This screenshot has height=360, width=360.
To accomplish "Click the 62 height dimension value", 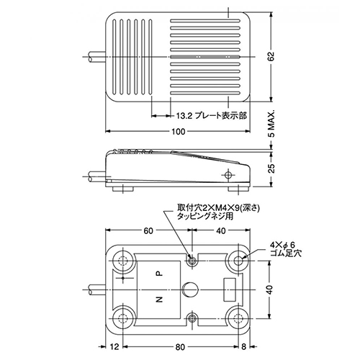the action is [271, 57].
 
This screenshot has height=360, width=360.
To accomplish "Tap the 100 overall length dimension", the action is [179, 132].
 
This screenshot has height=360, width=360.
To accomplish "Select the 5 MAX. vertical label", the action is [271, 124].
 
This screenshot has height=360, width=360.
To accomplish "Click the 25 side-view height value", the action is [271, 168].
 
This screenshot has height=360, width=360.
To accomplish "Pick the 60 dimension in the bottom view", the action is [148, 230].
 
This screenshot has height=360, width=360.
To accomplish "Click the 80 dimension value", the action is [180, 347].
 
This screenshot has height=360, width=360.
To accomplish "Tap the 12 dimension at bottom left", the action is [114, 347].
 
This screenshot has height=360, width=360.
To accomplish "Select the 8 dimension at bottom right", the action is [243, 347].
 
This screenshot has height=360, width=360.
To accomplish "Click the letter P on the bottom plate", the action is [159, 273].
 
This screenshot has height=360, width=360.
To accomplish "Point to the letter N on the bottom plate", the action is [159, 299].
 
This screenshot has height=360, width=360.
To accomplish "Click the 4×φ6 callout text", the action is [282, 245].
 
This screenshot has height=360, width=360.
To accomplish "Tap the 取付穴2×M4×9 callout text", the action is [218, 207].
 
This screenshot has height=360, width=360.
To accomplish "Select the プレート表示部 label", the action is [220, 116].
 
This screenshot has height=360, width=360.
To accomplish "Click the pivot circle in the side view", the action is [229, 175].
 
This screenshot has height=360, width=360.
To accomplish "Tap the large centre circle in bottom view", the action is [190, 289].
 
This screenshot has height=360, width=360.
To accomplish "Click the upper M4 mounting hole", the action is [192, 261].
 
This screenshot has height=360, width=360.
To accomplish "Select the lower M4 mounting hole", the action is [192, 318].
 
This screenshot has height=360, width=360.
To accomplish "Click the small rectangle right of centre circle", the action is [230, 289].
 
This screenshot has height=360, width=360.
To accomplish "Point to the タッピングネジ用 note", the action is [205, 217].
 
